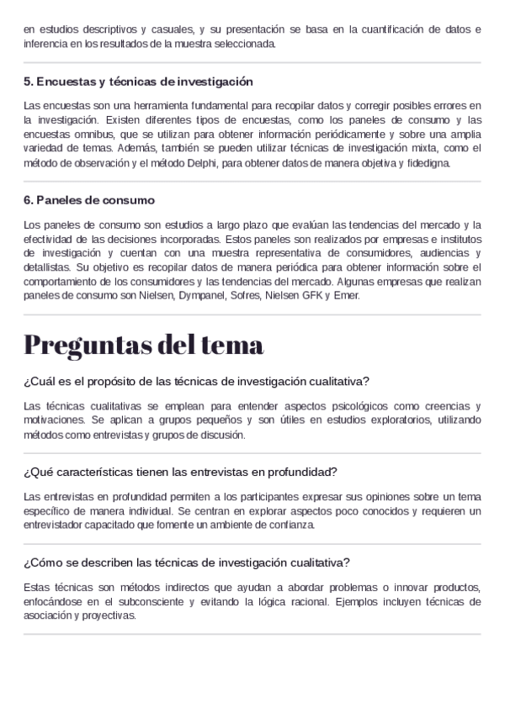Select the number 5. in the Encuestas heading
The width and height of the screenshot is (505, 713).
click(x=29, y=82)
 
